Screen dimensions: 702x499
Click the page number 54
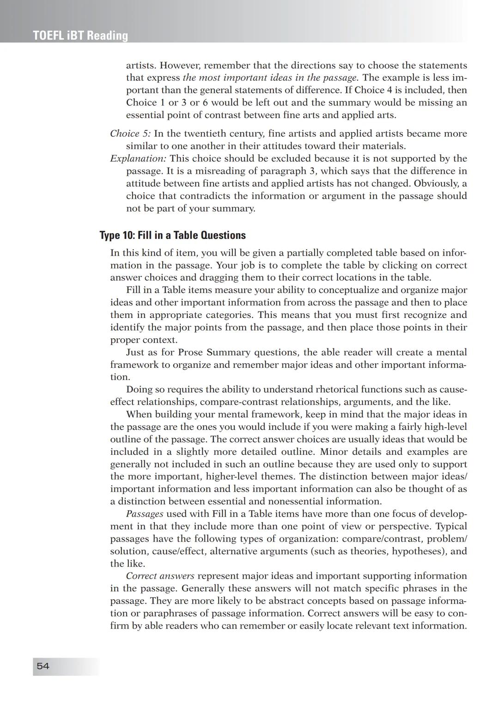click(x=43, y=666)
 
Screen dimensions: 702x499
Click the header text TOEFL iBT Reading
click(x=80, y=36)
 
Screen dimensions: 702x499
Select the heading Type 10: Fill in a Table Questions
click(x=173, y=235)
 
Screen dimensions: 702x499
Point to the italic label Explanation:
click(x=138, y=159)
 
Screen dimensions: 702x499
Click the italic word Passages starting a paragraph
click(x=145, y=513)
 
